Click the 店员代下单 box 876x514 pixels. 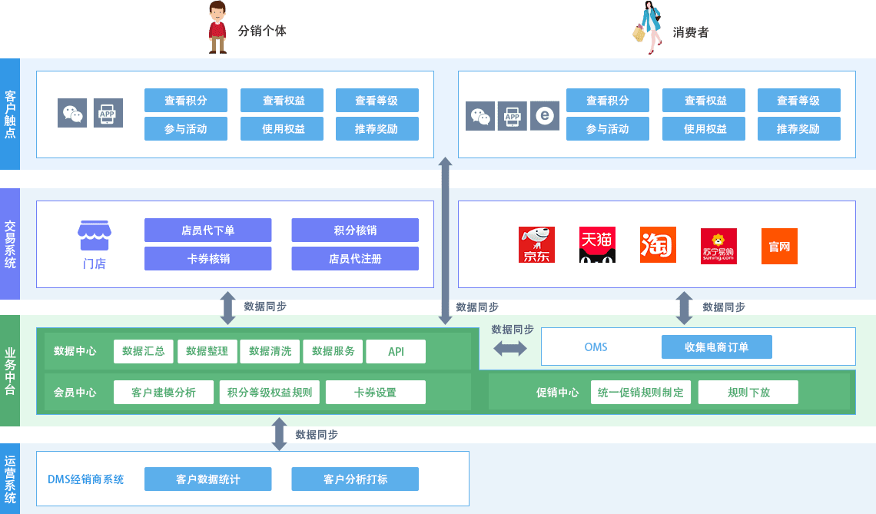tap(207, 230)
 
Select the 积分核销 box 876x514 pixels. tap(355, 230)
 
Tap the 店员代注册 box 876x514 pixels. tap(355, 259)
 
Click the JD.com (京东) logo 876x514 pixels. tap(536, 245)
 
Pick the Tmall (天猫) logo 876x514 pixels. tap(597, 245)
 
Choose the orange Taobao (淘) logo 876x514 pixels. tap(658, 245)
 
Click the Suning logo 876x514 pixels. tap(718, 246)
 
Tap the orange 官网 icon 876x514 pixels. tap(779, 246)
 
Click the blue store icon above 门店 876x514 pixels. tap(95, 236)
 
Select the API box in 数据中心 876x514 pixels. tap(396, 352)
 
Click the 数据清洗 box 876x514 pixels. tap(270, 352)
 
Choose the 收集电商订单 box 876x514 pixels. tap(716, 347)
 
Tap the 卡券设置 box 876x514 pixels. tap(375, 393)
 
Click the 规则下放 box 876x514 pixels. tap(748, 393)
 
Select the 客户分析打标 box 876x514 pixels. tap(355, 479)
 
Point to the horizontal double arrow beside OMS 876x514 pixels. tap(510, 348)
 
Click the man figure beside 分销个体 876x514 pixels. tap(218, 28)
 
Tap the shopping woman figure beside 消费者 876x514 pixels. tap(649, 28)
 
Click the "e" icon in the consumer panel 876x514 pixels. tap(545, 116)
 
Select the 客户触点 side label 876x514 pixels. tap(10, 114)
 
